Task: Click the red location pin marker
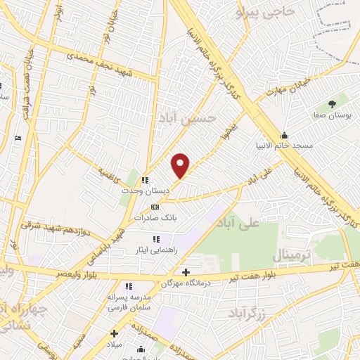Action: pos(181,165)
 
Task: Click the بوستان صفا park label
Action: pos(332,112)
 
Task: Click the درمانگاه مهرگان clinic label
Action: pos(186,283)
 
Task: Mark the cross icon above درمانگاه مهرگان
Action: pos(186,272)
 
